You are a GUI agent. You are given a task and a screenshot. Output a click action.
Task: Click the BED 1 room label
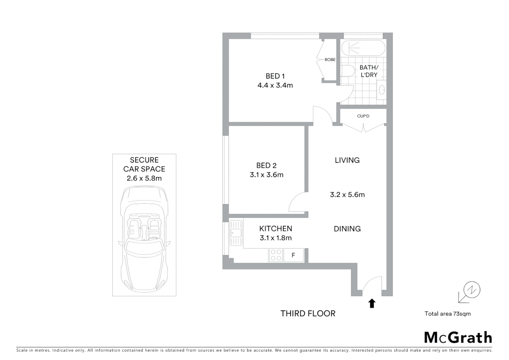click(x=275, y=76)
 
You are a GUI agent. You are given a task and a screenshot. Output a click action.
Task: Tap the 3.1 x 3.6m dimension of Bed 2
click(x=266, y=175)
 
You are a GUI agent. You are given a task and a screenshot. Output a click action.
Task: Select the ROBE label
click(x=330, y=60)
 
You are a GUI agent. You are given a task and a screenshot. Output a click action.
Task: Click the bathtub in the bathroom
click(x=363, y=48)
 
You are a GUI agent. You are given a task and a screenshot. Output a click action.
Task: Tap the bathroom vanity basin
click(x=382, y=90)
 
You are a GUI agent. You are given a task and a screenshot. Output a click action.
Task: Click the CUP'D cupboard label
click(x=363, y=116)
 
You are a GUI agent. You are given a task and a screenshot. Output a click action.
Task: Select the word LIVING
click(x=347, y=160)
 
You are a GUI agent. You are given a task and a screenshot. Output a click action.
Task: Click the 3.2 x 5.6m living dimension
click(x=347, y=195)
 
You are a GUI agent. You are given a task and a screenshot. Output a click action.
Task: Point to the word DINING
click(x=347, y=229)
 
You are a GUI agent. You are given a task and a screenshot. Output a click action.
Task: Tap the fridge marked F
click(x=293, y=255)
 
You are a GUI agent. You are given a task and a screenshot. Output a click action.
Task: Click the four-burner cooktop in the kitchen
click(x=276, y=255)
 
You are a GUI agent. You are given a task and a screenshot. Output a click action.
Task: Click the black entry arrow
click(x=372, y=303)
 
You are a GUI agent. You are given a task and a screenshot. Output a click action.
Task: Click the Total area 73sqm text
click(x=447, y=314)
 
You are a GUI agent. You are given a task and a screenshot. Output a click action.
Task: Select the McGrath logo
click(x=458, y=338)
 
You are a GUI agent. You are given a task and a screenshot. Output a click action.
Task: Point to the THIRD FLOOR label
click(x=308, y=313)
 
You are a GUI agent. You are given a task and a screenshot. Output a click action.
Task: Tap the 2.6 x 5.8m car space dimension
click(x=144, y=178)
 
